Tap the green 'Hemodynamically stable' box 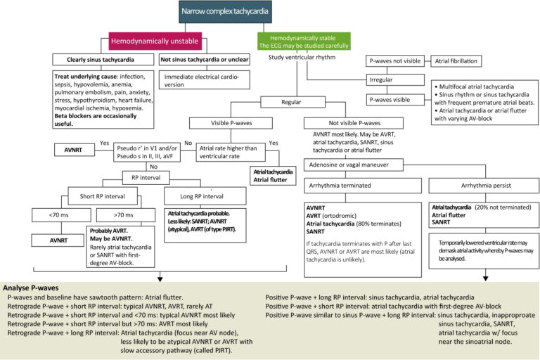click(304, 39)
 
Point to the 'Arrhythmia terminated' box click(336, 186)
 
